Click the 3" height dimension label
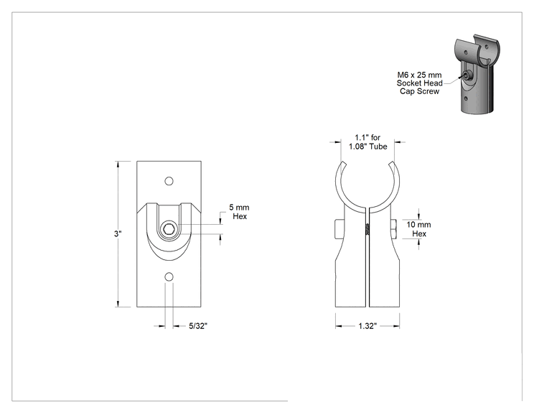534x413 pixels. tap(118, 233)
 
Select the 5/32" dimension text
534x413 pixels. tap(198, 326)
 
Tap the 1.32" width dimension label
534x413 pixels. tap(367, 326)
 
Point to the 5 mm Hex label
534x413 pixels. tap(240, 212)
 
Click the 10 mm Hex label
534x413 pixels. tap(419, 229)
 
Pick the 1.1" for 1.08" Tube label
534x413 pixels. tap(367, 141)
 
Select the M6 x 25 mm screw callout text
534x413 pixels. tap(420, 83)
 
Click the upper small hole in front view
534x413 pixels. tap(169, 181)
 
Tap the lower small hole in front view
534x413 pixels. tap(169, 277)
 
